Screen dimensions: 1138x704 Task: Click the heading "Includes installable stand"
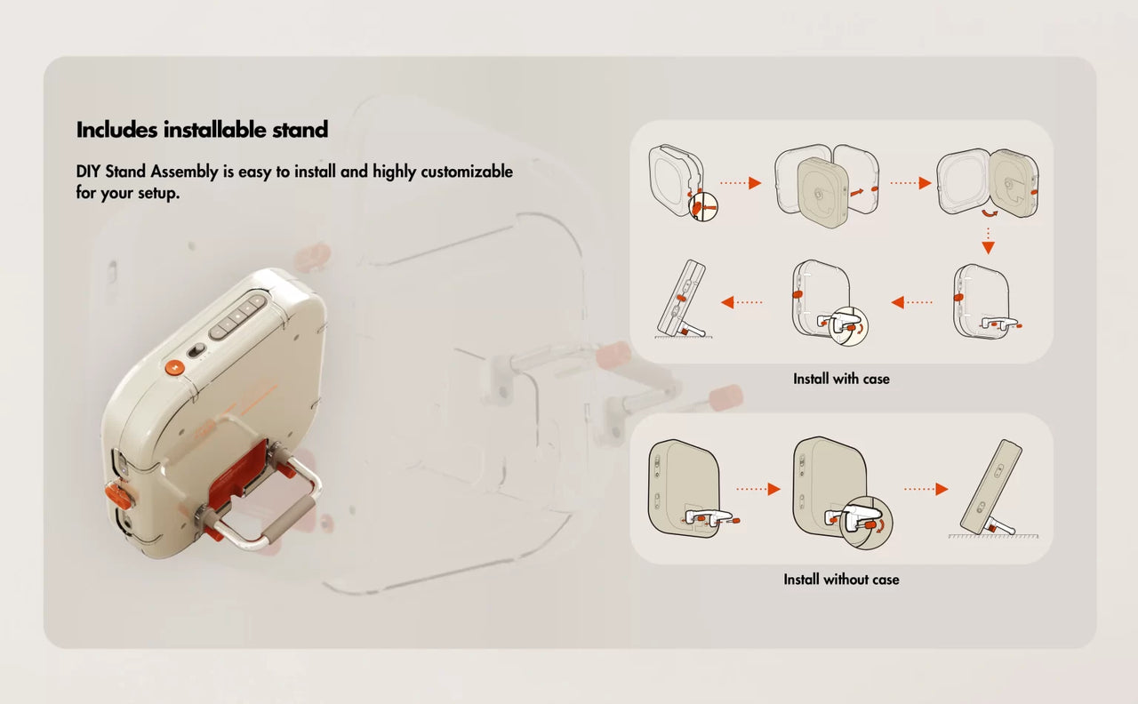[202, 130]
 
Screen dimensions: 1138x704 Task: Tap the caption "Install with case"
[841, 379]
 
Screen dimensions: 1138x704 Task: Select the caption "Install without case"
[841, 580]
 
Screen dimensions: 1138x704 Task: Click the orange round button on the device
[174, 367]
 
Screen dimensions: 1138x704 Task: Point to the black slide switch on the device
[196, 350]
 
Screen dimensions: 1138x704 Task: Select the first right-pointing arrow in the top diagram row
[741, 183]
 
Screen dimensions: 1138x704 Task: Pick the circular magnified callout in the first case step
[703, 206]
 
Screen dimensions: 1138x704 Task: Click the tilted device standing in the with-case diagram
[682, 299]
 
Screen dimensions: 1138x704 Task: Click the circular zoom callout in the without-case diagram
[866, 522]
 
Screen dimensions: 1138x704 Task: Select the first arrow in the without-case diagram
[758, 489]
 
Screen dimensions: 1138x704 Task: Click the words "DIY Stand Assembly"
[148, 172]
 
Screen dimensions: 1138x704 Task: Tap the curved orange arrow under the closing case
[990, 213]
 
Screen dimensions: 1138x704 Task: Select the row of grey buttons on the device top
[237, 315]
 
